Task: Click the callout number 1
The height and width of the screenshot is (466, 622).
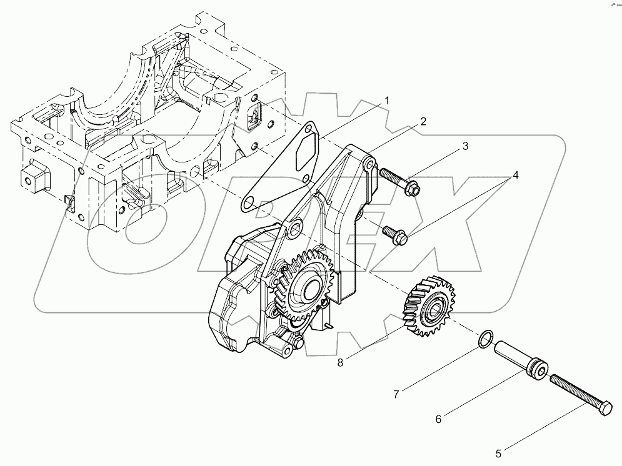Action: pyautogui.click(x=387, y=101)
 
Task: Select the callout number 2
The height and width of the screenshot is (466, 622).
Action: pyautogui.click(x=423, y=122)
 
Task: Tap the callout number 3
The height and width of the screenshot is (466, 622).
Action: pyautogui.click(x=465, y=147)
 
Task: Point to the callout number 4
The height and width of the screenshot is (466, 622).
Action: pyautogui.click(x=515, y=176)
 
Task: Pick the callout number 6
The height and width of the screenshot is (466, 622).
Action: pyautogui.click(x=438, y=419)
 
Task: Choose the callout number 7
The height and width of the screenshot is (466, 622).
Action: pyautogui.click(x=396, y=394)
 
